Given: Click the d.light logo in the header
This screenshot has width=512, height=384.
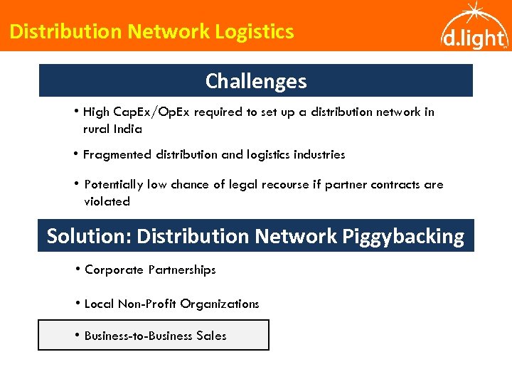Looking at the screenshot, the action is coord(473,28).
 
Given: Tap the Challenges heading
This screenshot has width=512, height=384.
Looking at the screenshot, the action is coord(256,81).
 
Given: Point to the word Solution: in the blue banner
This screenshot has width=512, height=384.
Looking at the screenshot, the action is coord(89,236).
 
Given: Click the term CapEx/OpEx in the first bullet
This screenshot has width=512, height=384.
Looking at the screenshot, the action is coord(161,112).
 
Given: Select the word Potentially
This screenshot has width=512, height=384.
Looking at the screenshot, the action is coord(114,184).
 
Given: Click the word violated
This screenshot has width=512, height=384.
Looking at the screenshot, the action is coord(107,201).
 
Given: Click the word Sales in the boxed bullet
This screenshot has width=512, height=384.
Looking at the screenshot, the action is coord(210,336).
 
